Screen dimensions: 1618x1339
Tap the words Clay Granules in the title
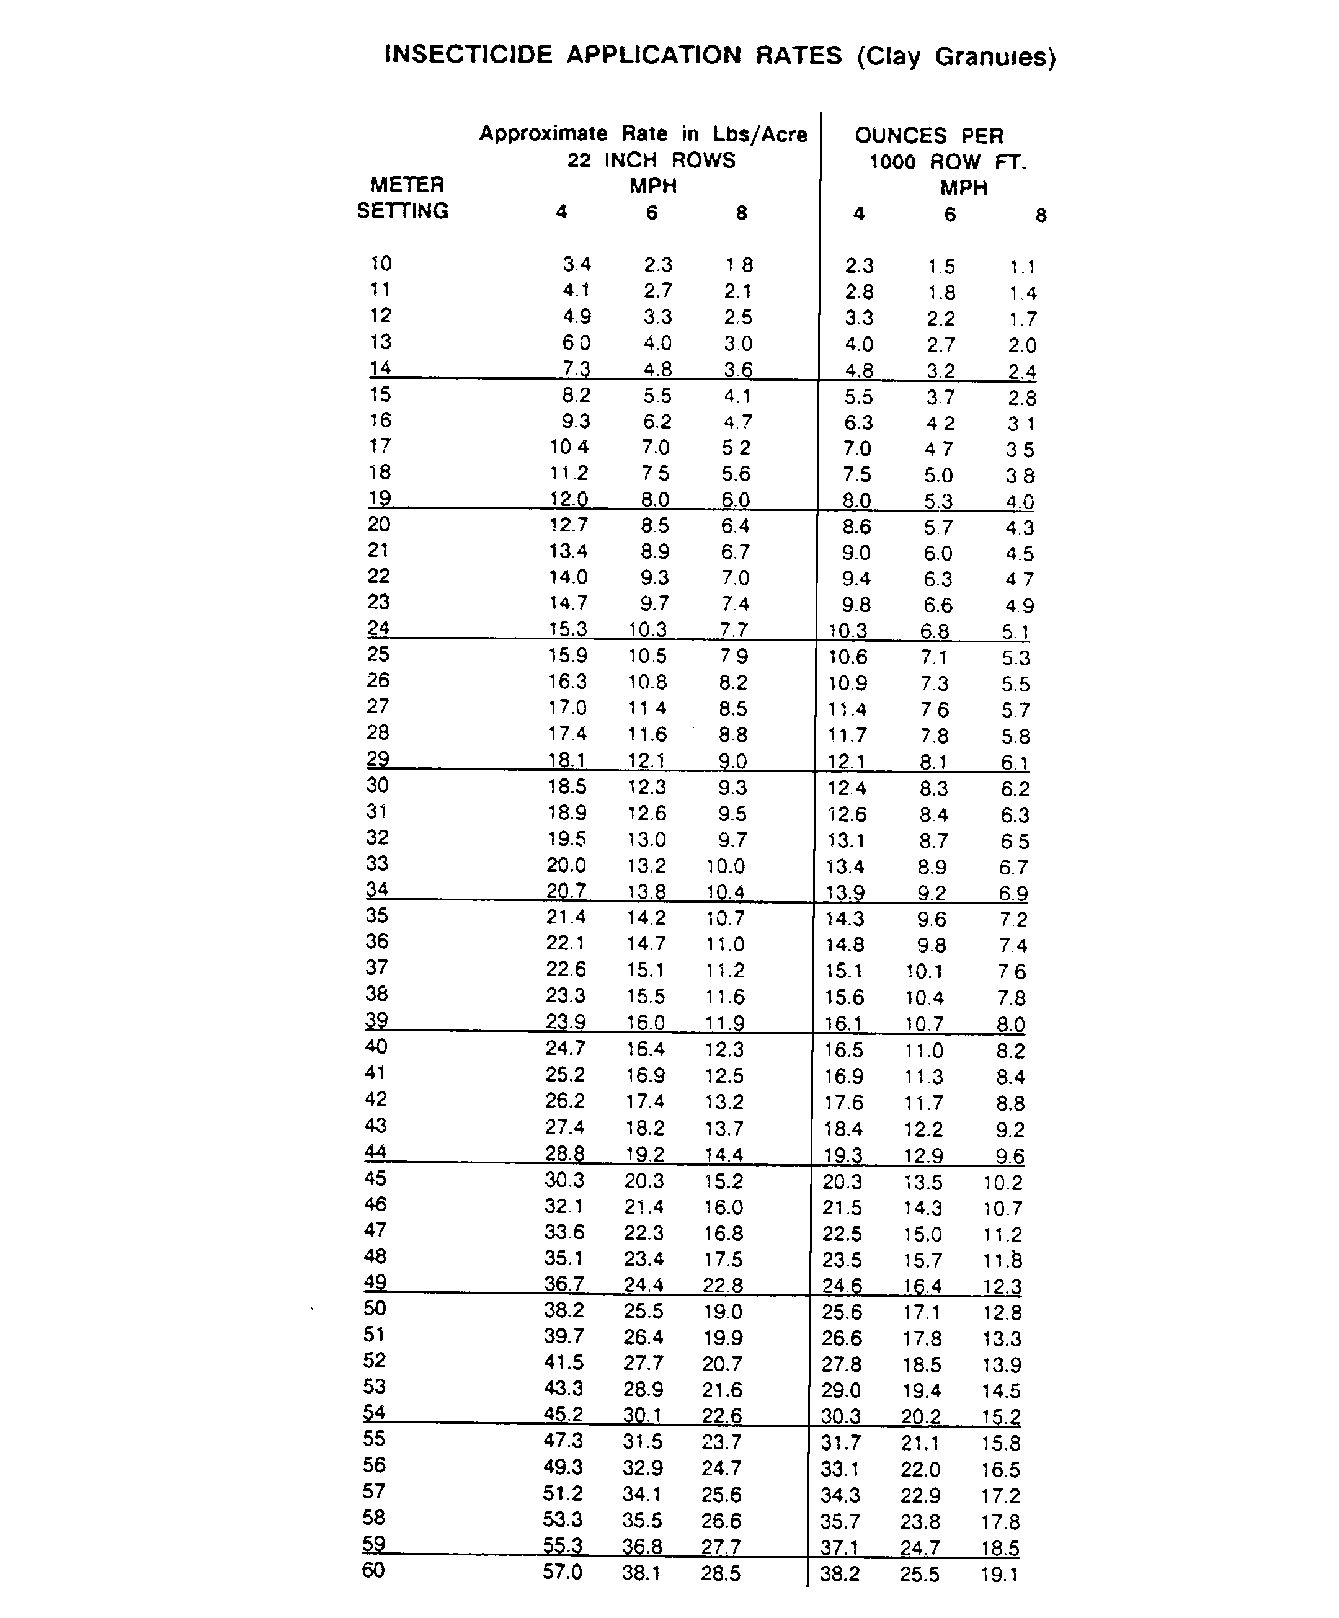tap(956, 57)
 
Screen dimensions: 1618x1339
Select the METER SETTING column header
tap(403, 197)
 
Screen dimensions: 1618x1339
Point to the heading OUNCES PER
tap(929, 136)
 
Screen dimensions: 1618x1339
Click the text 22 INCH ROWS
tap(652, 160)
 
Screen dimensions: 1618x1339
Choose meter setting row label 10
tap(381, 264)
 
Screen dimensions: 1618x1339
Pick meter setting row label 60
tap(373, 1570)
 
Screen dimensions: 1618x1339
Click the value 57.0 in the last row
tap(563, 1571)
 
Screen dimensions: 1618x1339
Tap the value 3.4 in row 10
tap(576, 264)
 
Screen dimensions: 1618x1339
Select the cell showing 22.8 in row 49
tap(722, 1284)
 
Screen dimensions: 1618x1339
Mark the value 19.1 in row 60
tap(999, 1574)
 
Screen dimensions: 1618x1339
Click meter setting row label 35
tap(376, 915)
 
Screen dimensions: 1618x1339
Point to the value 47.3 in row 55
tap(563, 1440)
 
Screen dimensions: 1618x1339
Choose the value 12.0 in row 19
tap(569, 499)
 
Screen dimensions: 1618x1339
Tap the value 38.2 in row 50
tap(564, 1310)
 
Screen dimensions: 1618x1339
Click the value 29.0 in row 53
tap(840, 1390)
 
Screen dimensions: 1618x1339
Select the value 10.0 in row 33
tap(725, 866)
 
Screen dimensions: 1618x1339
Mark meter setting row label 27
tap(378, 706)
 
